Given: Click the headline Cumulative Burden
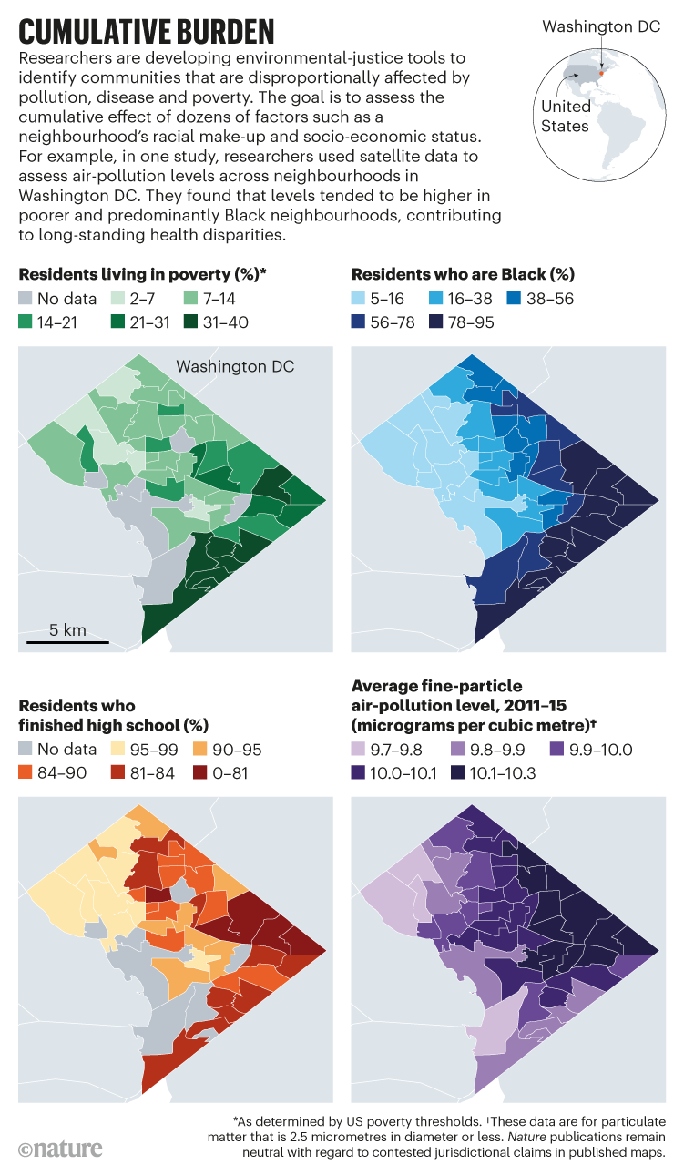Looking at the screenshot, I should click(x=147, y=30).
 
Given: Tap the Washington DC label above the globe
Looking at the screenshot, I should click(x=601, y=26).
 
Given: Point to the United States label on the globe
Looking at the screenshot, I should click(x=566, y=116).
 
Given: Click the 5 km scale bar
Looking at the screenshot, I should click(x=67, y=642).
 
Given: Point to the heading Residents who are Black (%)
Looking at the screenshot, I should click(x=463, y=273).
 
